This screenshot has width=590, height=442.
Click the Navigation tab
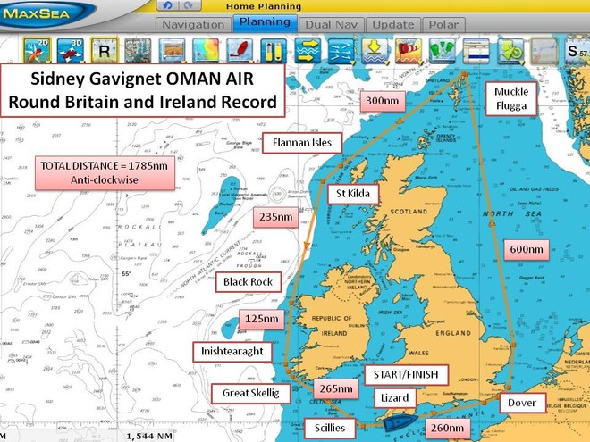pos(193,24)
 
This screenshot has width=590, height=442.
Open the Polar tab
pos(442,24)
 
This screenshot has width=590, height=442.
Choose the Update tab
pos(392,24)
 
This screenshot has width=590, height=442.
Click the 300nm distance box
pos(382,102)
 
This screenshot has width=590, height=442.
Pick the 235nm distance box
pos(275,217)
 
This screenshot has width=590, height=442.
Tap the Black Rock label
pos(249,282)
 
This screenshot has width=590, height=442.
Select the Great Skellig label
pos(244,393)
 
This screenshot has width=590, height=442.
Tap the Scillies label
pos(330,426)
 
